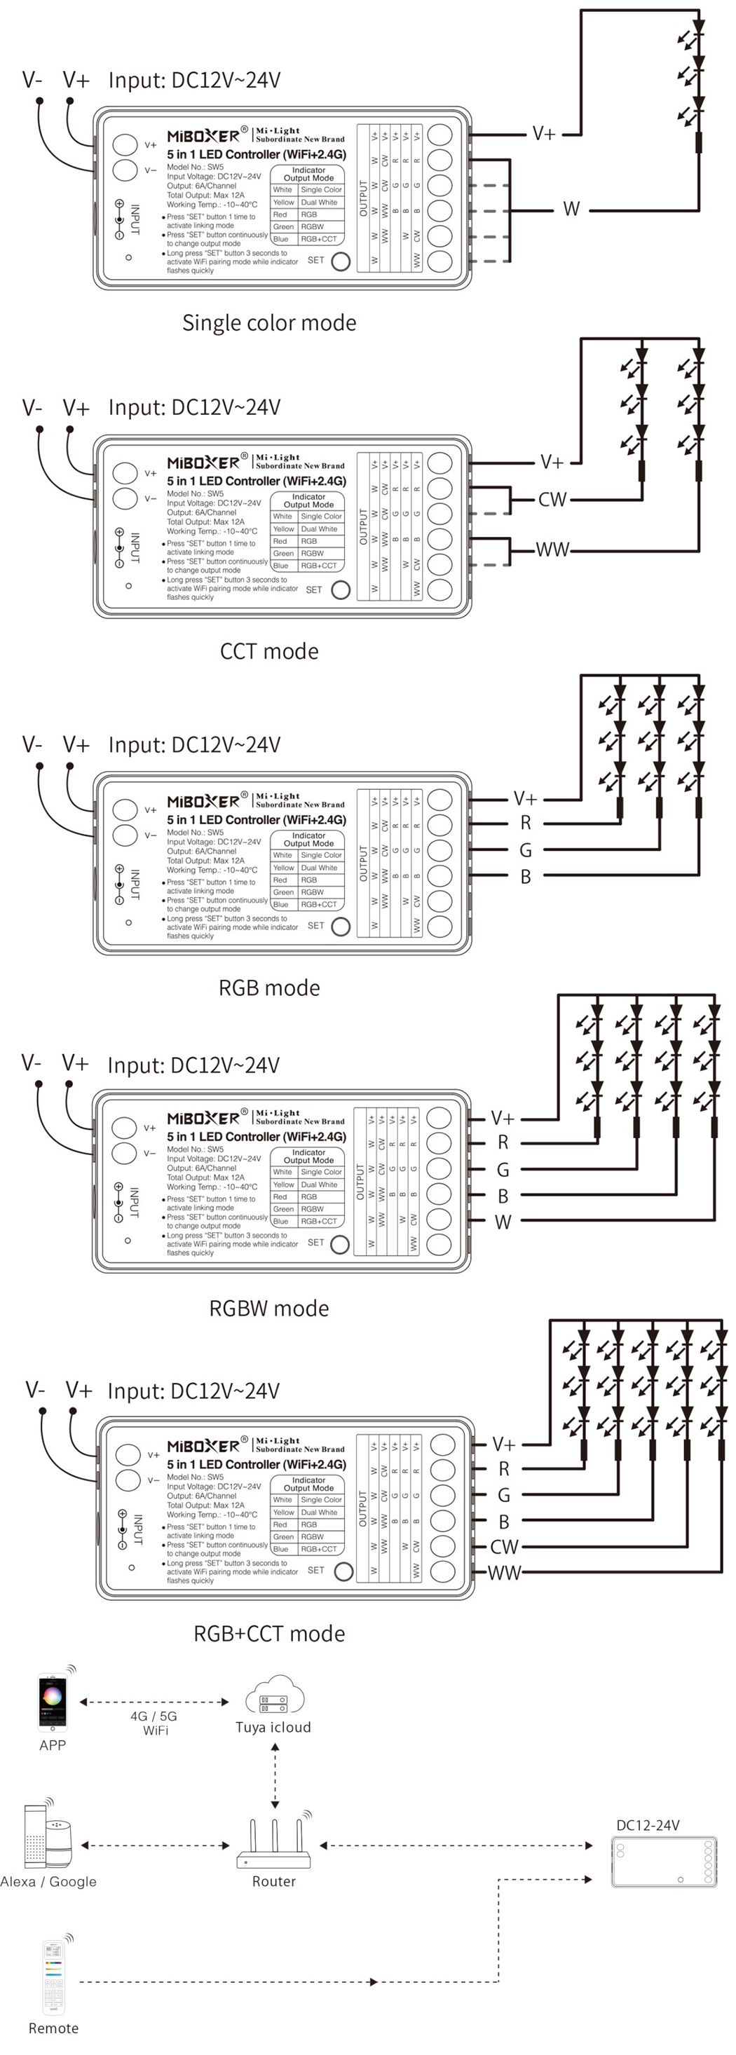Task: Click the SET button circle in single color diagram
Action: tap(341, 261)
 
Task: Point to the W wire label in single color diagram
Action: tap(571, 209)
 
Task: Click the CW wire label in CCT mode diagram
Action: tap(552, 500)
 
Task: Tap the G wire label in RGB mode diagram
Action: tap(526, 850)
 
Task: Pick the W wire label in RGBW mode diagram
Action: tap(503, 1222)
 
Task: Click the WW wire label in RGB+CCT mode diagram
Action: tap(503, 1573)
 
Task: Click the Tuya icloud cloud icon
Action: tap(273, 1697)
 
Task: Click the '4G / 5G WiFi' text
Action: tap(155, 1723)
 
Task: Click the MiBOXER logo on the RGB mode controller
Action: tap(203, 802)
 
